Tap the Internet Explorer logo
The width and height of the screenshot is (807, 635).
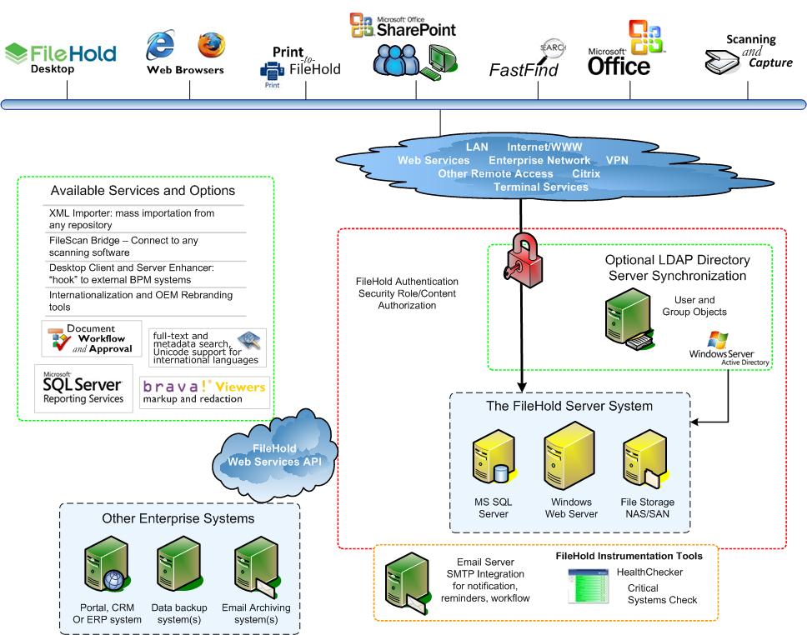pos(159,45)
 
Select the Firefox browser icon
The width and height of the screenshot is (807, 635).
pos(211,43)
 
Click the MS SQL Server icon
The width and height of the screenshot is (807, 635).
pos(490,462)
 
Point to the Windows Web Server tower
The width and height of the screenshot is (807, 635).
pos(569,456)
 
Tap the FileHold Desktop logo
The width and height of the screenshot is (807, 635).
pos(60,57)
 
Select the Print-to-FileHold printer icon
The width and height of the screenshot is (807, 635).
pos(272,73)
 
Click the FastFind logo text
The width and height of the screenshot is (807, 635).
pos(523,70)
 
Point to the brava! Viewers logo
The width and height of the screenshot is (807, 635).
pos(204,392)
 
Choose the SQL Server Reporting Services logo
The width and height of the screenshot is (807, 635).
pos(83,387)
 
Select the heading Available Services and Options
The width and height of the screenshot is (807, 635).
pos(143,191)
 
